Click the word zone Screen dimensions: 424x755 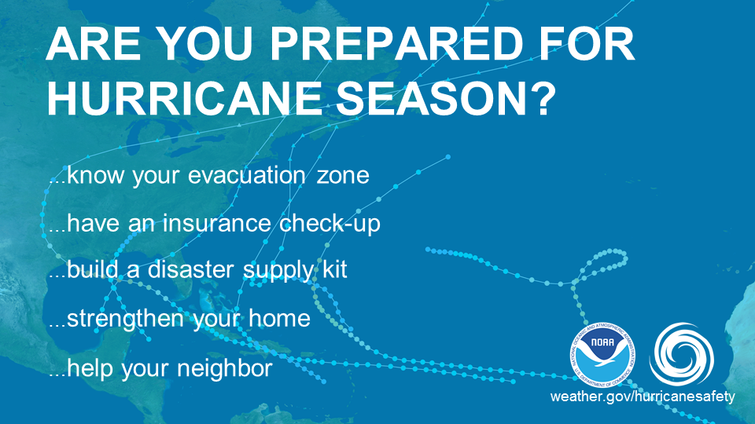(341, 175)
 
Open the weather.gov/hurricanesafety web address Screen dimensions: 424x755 (643, 397)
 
